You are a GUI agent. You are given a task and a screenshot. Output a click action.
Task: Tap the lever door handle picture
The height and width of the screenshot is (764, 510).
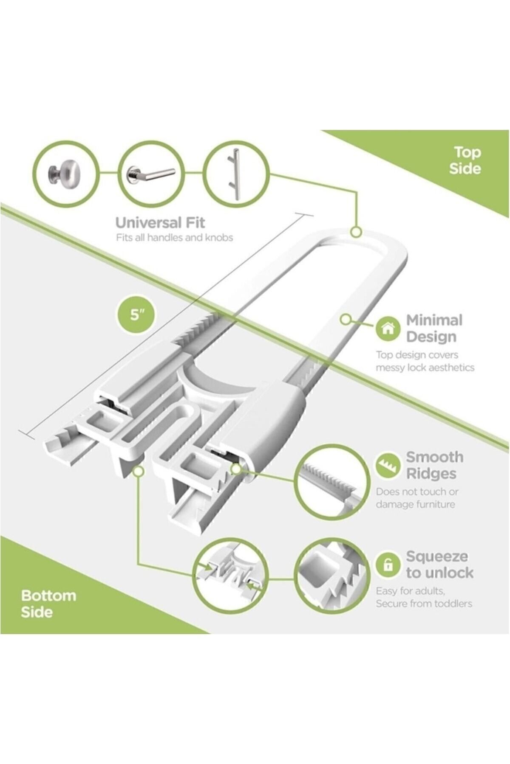tap(150, 173)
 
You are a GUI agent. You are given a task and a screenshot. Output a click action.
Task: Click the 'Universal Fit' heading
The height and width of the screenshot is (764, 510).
tap(160, 222)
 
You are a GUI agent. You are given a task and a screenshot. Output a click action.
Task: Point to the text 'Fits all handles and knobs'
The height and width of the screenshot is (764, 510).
tap(174, 238)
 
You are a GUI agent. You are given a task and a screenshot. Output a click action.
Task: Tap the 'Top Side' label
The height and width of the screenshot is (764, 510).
tap(466, 160)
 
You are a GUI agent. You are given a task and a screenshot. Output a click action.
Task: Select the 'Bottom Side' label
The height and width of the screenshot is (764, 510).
tap(48, 604)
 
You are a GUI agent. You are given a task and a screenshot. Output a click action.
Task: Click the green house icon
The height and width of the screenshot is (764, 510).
tap(388, 329)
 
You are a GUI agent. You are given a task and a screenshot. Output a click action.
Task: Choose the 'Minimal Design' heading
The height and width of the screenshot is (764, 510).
tap(434, 328)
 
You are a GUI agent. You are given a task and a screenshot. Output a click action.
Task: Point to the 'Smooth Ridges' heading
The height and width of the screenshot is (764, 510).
tap(434, 465)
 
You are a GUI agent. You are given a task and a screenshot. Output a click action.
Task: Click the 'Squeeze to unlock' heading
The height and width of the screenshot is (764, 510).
tap(439, 565)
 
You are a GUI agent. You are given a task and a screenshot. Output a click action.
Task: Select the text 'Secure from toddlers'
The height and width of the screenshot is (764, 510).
tap(424, 604)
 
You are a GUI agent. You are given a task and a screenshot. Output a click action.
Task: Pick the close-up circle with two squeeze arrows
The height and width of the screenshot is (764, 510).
tap(230, 576)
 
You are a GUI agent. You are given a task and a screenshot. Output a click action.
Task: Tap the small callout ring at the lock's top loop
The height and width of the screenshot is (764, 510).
tap(356, 232)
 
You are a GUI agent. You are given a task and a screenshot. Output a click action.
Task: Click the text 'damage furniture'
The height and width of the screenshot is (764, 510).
tap(415, 504)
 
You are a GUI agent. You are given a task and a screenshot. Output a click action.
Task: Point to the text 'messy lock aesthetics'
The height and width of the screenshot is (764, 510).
tap(425, 368)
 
